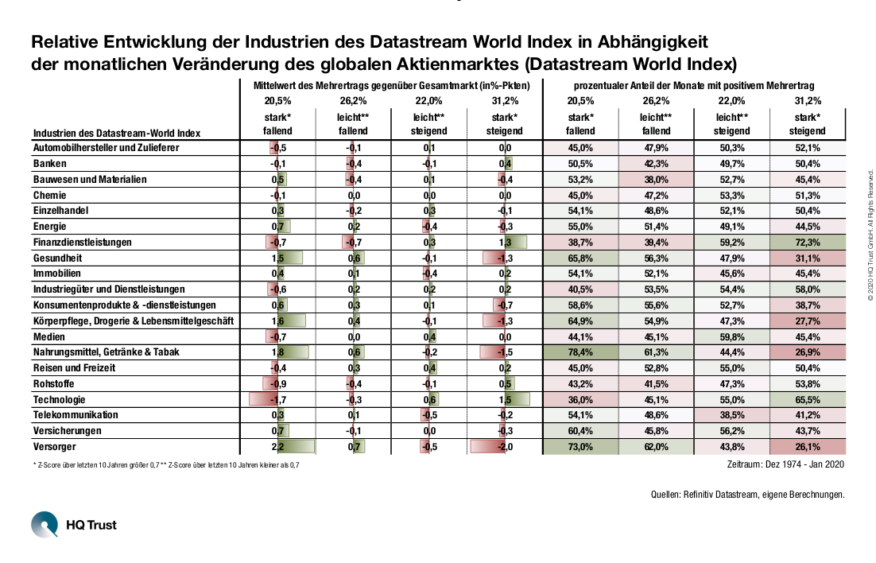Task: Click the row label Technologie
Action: pyautogui.click(x=59, y=400)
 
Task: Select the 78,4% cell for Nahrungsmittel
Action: pyautogui.click(x=580, y=352)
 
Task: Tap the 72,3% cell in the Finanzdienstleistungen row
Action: pyautogui.click(x=808, y=243)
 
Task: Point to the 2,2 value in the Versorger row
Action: pyautogui.click(x=277, y=447)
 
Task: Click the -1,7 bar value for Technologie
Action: pyautogui.click(x=277, y=400)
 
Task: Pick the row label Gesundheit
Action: pyautogui.click(x=57, y=258)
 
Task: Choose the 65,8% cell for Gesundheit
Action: pyautogui.click(x=580, y=258)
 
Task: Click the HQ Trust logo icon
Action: pyautogui.click(x=45, y=524)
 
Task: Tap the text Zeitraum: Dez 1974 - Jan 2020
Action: pyautogui.click(x=785, y=464)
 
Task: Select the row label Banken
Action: pyautogui.click(x=50, y=164)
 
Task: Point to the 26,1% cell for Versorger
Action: pyautogui.click(x=808, y=447)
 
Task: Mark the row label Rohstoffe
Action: pyautogui.click(x=53, y=384)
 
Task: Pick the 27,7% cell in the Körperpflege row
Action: pyautogui.click(x=808, y=321)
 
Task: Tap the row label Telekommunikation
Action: pyautogui.click(x=76, y=415)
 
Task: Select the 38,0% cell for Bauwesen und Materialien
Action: pyautogui.click(x=656, y=180)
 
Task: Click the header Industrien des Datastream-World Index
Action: pyautogui.click(x=117, y=133)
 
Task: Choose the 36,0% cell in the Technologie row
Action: pyautogui.click(x=580, y=400)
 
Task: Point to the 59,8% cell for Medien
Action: pyautogui.click(x=731, y=337)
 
